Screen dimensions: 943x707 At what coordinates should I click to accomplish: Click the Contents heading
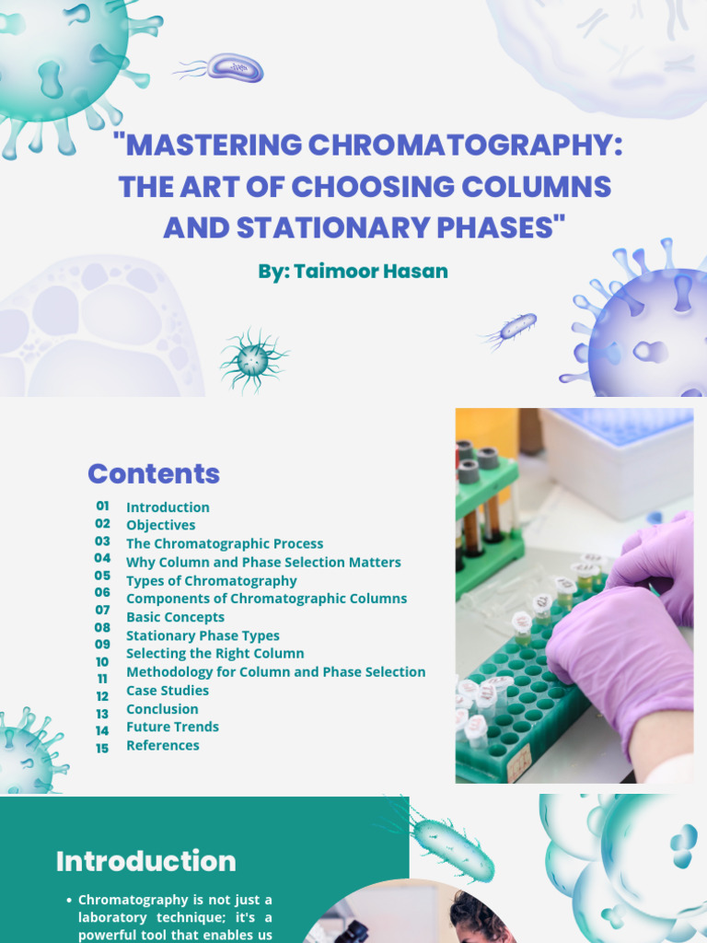pyautogui.click(x=154, y=473)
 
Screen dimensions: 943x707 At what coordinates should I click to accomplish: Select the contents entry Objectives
pyautogui.click(x=161, y=525)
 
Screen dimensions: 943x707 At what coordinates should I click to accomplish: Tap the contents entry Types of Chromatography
pyautogui.click(x=212, y=580)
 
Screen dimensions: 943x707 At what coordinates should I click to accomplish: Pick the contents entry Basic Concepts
pyautogui.click(x=175, y=617)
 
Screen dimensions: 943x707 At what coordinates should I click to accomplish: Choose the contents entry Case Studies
pyautogui.click(x=168, y=691)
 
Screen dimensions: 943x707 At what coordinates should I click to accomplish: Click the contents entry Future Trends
pyautogui.click(x=172, y=727)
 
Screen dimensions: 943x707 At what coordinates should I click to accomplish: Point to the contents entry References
pyautogui.click(x=163, y=745)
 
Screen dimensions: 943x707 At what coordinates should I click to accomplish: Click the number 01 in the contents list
pyautogui.click(x=102, y=506)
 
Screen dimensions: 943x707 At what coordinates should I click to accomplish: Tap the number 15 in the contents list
pyautogui.click(x=102, y=748)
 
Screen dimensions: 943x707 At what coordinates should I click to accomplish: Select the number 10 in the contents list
pyautogui.click(x=102, y=661)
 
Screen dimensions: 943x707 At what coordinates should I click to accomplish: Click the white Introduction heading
pyautogui.click(x=145, y=861)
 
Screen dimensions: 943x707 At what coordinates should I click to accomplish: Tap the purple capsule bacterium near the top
pyautogui.click(x=236, y=67)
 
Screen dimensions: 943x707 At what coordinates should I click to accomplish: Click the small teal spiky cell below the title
pyautogui.click(x=252, y=360)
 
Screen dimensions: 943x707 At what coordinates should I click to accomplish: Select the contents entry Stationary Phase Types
pyautogui.click(x=203, y=635)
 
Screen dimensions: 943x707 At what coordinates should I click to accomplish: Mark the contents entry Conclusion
pyautogui.click(x=162, y=709)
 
